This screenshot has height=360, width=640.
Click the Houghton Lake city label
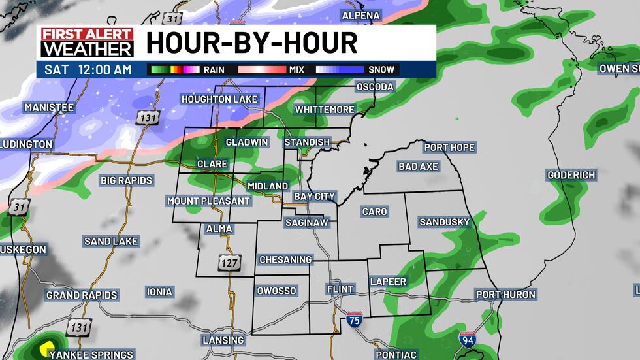(x=219, y=99)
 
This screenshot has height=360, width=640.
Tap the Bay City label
(x=314, y=196)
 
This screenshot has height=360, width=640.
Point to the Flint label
(x=340, y=289)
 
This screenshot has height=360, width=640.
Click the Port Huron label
(x=505, y=295)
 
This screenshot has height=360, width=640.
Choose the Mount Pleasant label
(x=208, y=201)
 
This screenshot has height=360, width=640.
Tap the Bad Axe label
(x=418, y=167)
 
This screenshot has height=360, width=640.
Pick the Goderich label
(x=571, y=175)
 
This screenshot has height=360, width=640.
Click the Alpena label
(x=361, y=15)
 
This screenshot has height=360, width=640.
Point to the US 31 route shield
(x=20, y=206)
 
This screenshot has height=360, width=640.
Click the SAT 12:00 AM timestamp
(x=88, y=69)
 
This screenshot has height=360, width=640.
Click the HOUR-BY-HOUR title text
(x=251, y=43)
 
